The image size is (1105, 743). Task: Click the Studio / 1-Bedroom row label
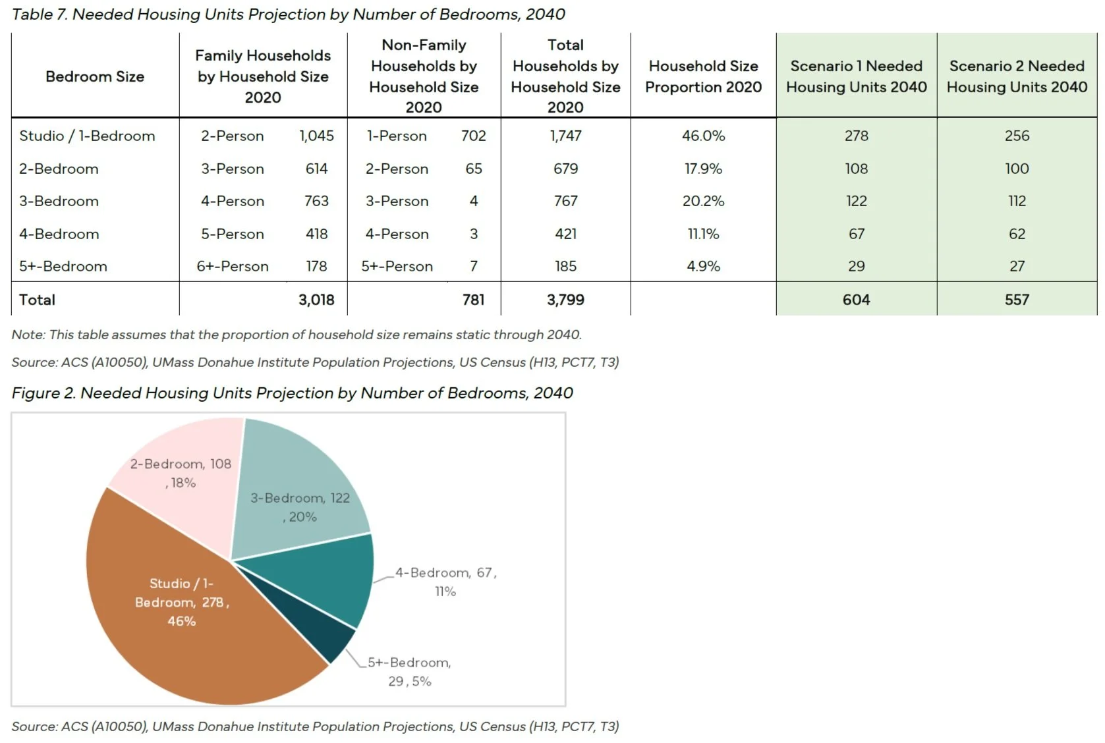[x=87, y=136]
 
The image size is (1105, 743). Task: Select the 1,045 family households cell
[x=316, y=136]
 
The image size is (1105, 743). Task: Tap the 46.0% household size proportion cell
[x=703, y=136]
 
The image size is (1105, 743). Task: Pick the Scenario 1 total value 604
[x=856, y=300]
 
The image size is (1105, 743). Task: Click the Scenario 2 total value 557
[x=1017, y=300]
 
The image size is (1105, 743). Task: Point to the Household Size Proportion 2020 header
[x=703, y=76]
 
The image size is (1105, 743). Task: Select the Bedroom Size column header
[x=95, y=76]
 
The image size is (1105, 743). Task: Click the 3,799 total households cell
[x=565, y=300]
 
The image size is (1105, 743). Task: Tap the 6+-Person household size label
[x=233, y=266]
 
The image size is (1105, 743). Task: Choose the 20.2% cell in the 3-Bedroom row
[x=703, y=201]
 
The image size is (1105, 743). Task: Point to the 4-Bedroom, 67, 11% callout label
[x=445, y=582]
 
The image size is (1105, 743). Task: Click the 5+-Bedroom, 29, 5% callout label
[x=409, y=671]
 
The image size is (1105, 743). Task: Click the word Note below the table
[x=28, y=335]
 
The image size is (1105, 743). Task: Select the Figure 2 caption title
[x=292, y=393]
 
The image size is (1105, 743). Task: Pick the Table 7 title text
[x=288, y=14]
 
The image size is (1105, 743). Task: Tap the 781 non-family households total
[x=473, y=300]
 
